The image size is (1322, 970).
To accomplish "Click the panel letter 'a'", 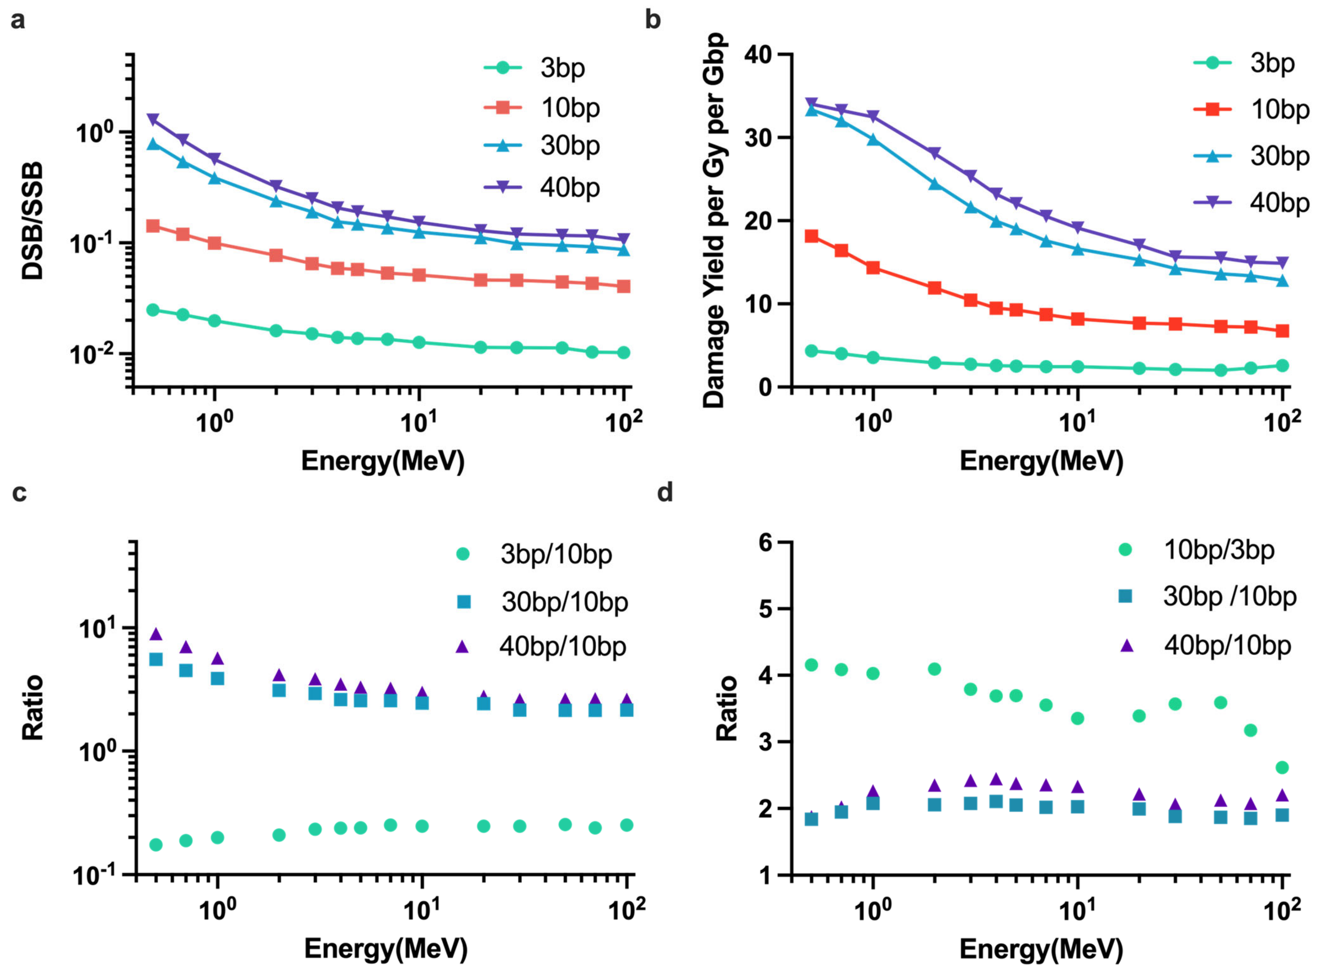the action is [x=18, y=21].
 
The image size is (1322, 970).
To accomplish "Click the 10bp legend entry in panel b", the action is [x=1252, y=109].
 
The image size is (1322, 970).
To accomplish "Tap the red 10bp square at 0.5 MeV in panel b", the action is [x=811, y=236].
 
